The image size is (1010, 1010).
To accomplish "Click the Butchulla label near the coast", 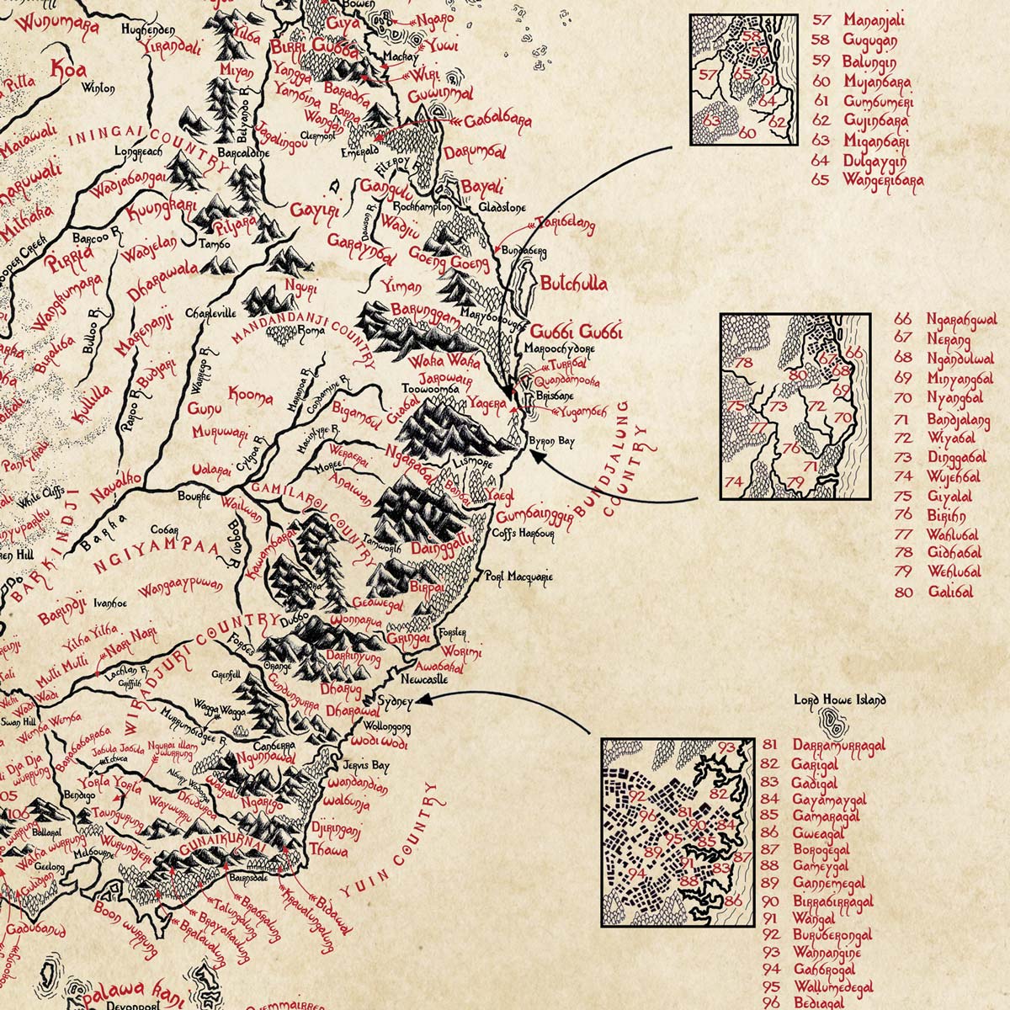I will click(574, 284).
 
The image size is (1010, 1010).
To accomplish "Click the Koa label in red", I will click(69, 68).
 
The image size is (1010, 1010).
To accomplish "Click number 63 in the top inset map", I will click(712, 120).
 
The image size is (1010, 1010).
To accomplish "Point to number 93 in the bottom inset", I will click(726, 747).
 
